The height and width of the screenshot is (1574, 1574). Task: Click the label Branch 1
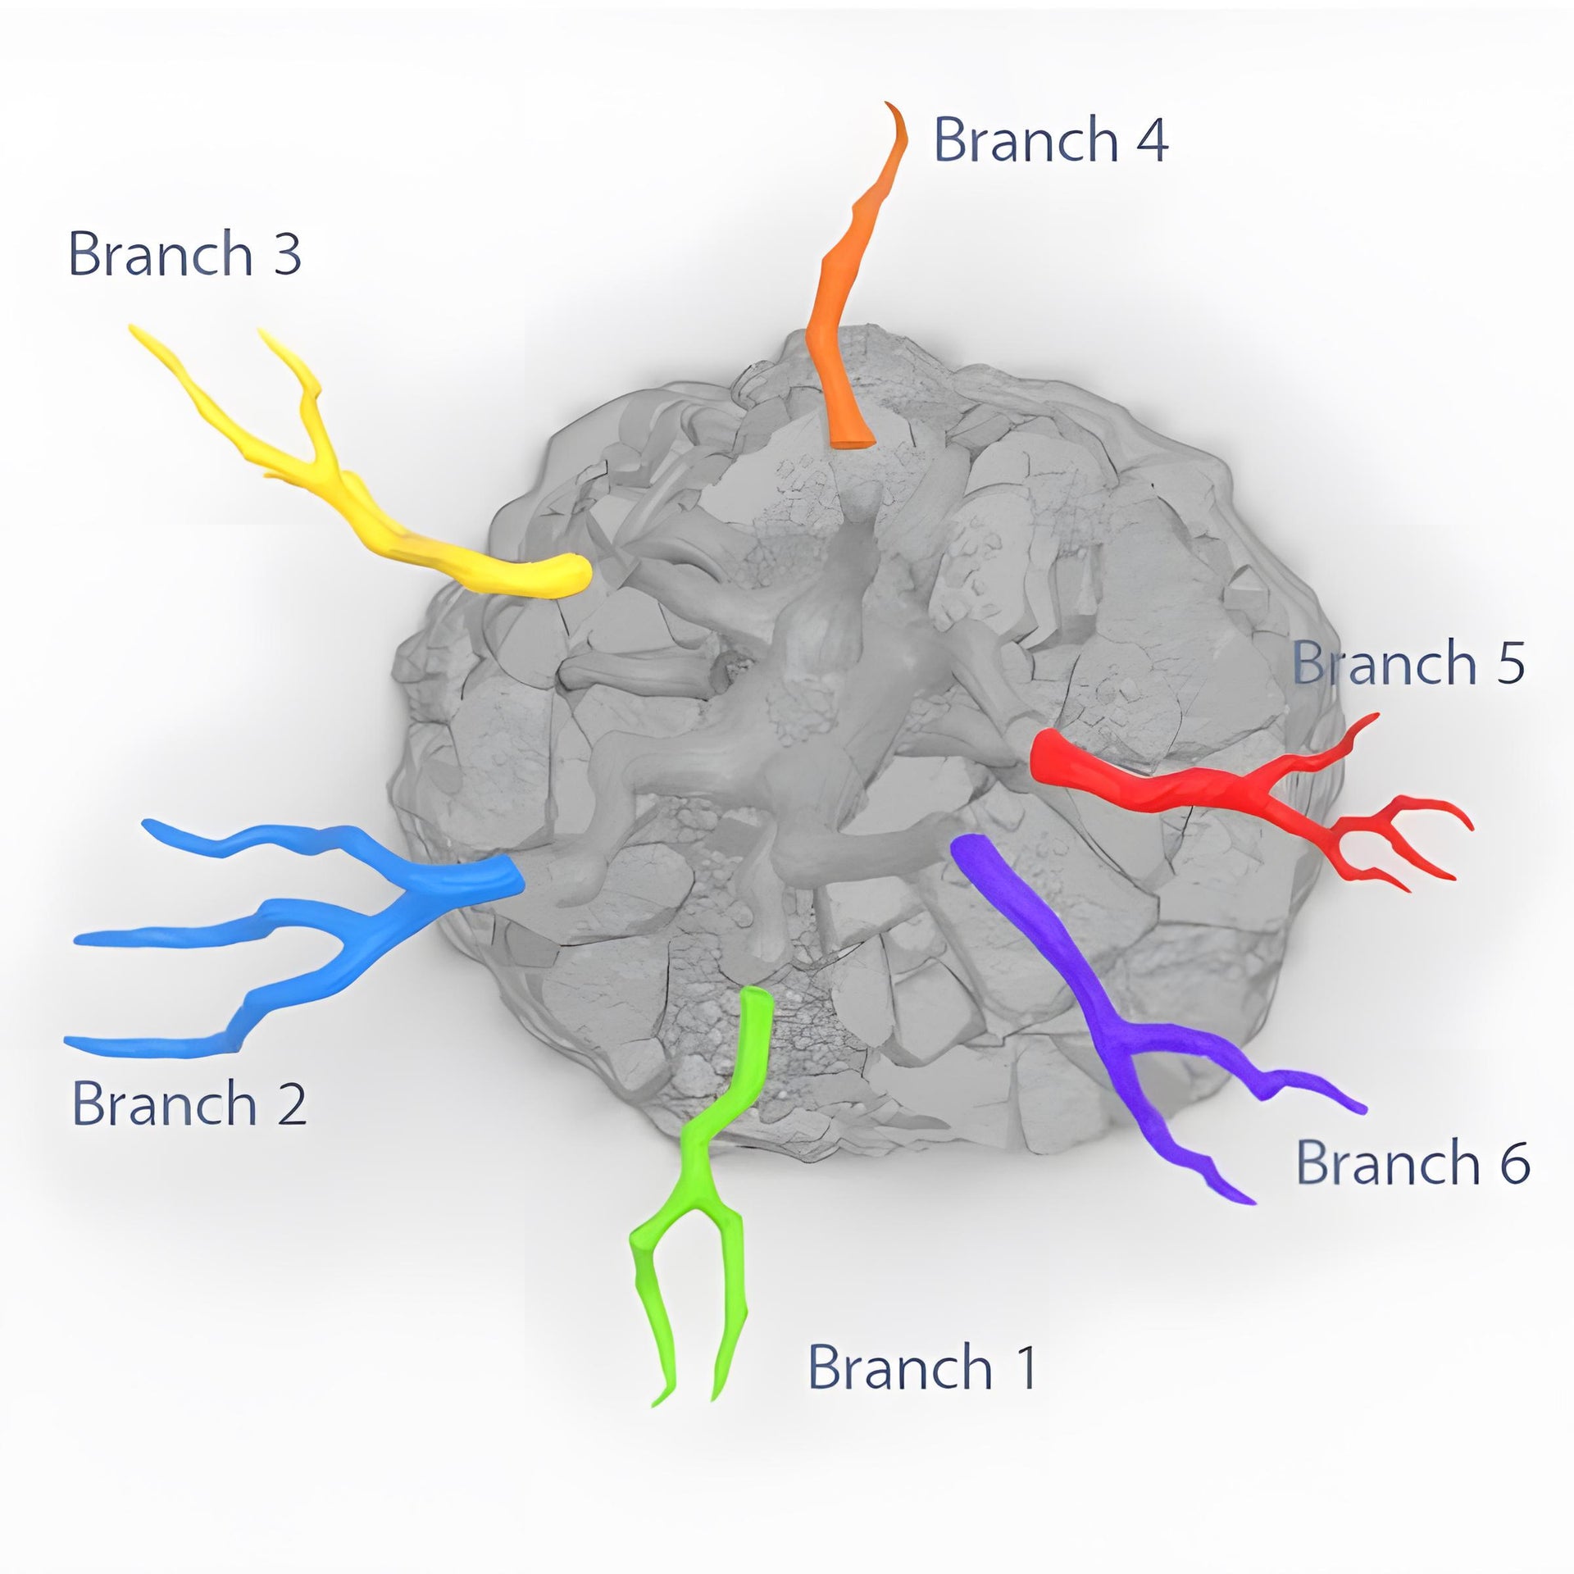pos(921,1367)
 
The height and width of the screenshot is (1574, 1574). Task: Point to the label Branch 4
pos(1050,139)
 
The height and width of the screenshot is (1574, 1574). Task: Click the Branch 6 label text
pos(1413,1162)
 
